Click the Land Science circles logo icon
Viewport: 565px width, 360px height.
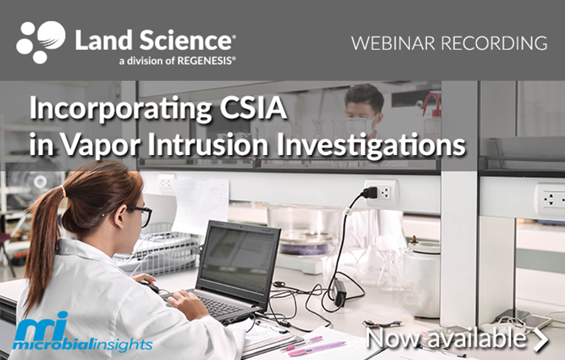(x=40, y=42)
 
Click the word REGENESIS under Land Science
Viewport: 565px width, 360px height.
(x=205, y=61)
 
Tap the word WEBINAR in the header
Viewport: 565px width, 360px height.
(x=393, y=43)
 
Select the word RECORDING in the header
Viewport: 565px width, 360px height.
(x=494, y=43)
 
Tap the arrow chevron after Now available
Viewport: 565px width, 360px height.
(x=541, y=339)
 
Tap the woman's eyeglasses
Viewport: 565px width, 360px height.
(x=141, y=215)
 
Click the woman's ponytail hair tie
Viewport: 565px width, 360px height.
(x=64, y=191)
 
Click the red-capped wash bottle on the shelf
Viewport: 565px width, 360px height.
(x=432, y=115)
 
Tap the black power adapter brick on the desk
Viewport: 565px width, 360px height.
(x=339, y=291)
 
